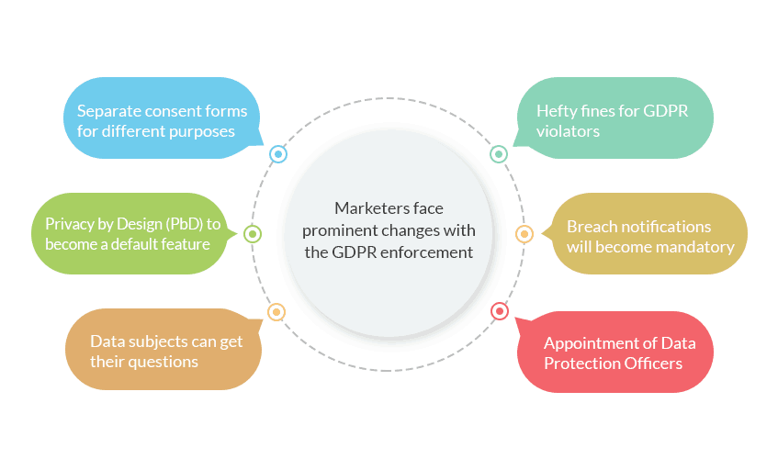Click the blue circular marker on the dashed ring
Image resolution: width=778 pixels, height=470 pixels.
click(277, 154)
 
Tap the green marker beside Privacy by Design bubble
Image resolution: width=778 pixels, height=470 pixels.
click(253, 234)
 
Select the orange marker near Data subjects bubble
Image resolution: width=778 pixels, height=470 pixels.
click(276, 312)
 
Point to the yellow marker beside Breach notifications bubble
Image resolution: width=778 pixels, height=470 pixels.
click(524, 234)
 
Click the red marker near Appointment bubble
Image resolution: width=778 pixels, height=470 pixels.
click(499, 312)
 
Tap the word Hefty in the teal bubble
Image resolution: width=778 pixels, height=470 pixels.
click(558, 111)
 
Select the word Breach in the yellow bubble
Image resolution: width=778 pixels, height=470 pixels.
click(592, 226)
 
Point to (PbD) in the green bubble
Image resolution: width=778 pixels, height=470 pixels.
click(181, 223)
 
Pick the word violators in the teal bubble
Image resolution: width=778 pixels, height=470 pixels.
click(569, 131)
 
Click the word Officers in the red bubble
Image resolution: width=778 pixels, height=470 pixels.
click(651, 363)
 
